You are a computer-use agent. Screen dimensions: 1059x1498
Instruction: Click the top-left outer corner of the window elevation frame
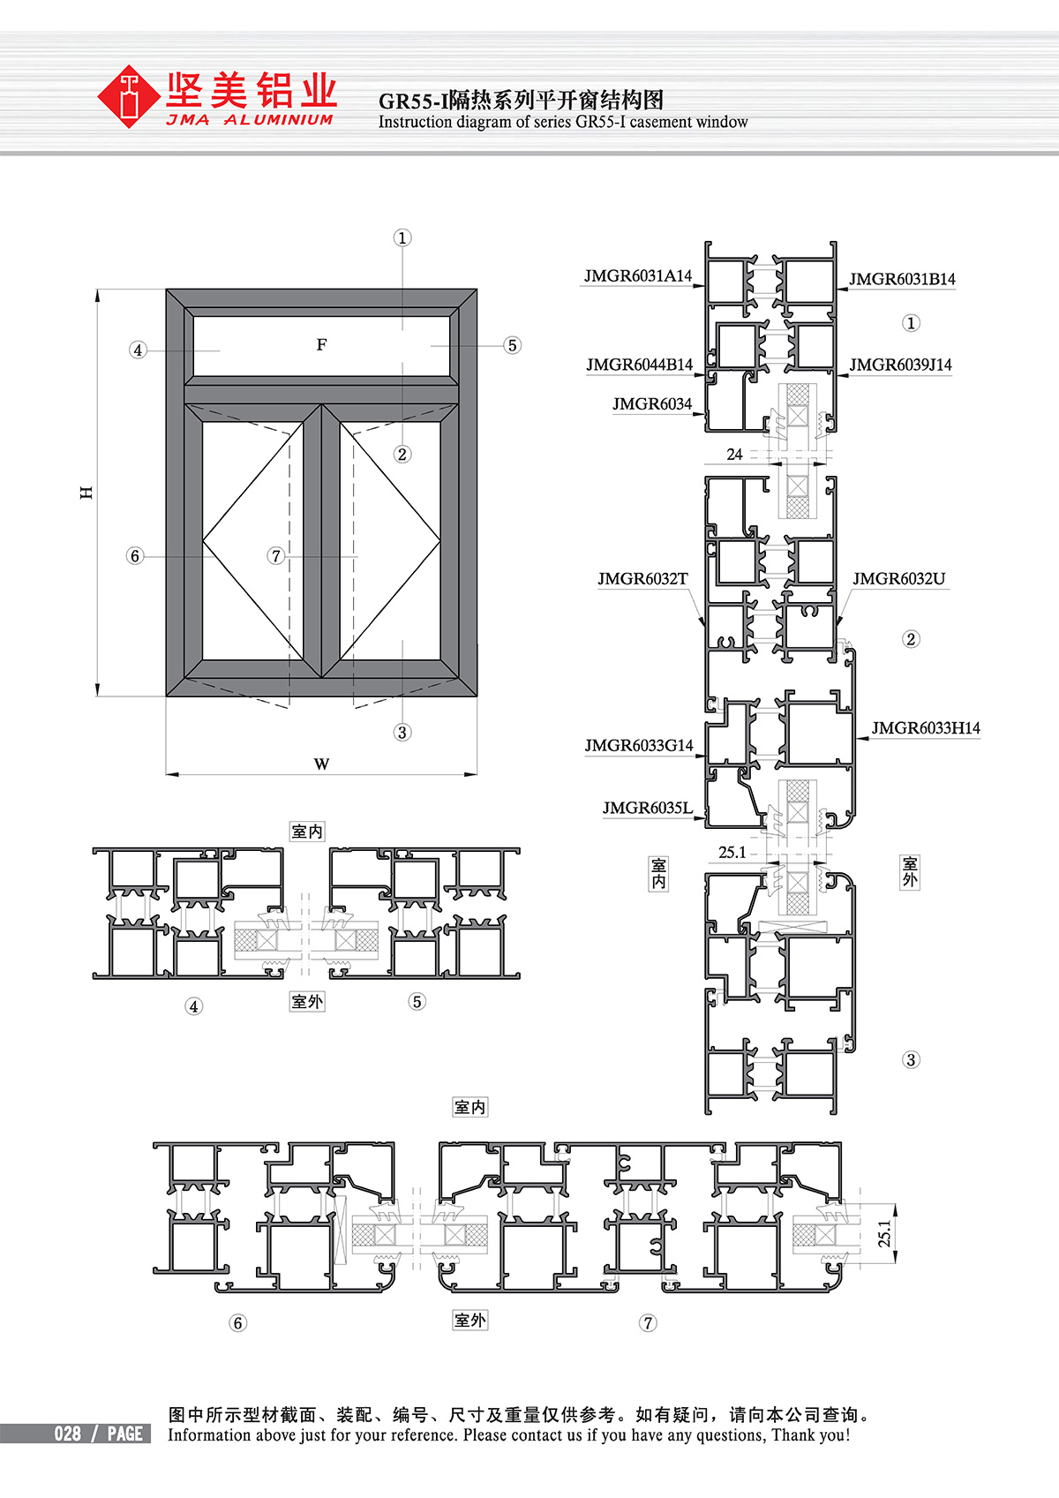167,290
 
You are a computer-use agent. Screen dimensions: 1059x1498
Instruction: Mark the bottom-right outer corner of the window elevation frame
477,696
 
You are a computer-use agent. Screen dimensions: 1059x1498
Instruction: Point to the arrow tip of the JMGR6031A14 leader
704,286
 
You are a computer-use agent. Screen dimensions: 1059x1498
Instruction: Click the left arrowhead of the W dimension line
167,774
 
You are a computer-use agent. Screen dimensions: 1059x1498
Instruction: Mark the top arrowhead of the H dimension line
98,290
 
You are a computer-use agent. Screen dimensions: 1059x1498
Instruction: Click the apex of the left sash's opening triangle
203,540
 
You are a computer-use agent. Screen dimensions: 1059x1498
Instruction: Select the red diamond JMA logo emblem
128,96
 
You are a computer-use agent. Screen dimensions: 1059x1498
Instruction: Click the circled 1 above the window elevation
402,238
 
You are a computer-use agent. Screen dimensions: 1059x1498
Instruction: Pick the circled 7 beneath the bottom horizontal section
647,1323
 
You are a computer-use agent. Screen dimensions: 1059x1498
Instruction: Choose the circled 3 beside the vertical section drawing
911,1060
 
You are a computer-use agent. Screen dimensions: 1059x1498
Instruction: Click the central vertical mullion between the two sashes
321,540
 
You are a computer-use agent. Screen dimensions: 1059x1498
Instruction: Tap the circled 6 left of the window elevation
135,556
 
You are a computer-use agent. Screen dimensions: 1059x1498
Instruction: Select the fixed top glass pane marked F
321,346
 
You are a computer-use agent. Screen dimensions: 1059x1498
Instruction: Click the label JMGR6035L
647,808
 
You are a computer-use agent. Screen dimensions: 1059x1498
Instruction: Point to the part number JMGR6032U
898,578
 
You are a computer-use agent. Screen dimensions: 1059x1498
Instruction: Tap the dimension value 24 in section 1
734,455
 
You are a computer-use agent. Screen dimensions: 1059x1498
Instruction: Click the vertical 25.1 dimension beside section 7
884,1234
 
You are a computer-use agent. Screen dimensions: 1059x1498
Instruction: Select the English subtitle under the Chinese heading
563,123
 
